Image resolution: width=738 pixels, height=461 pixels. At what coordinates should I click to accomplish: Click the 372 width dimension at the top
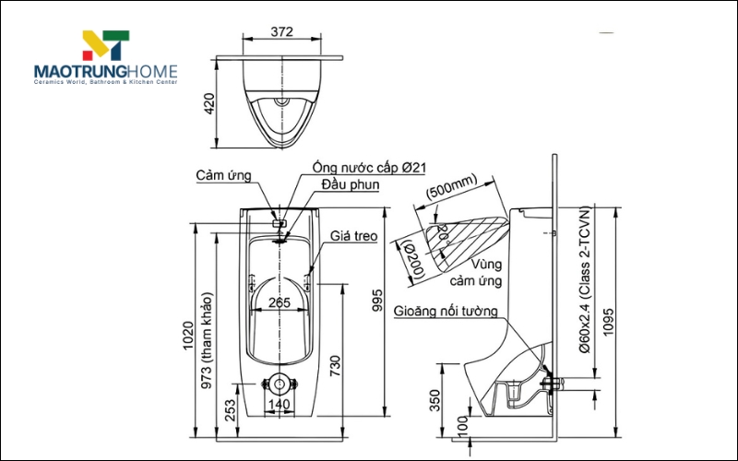click(x=282, y=31)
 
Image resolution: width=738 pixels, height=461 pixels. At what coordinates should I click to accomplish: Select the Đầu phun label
click(x=351, y=184)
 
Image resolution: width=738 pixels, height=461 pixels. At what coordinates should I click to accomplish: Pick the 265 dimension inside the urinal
click(x=279, y=302)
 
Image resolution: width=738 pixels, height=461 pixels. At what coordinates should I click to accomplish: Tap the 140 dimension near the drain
click(x=279, y=404)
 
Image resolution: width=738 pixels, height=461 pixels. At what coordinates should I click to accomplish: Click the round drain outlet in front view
click(x=280, y=382)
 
